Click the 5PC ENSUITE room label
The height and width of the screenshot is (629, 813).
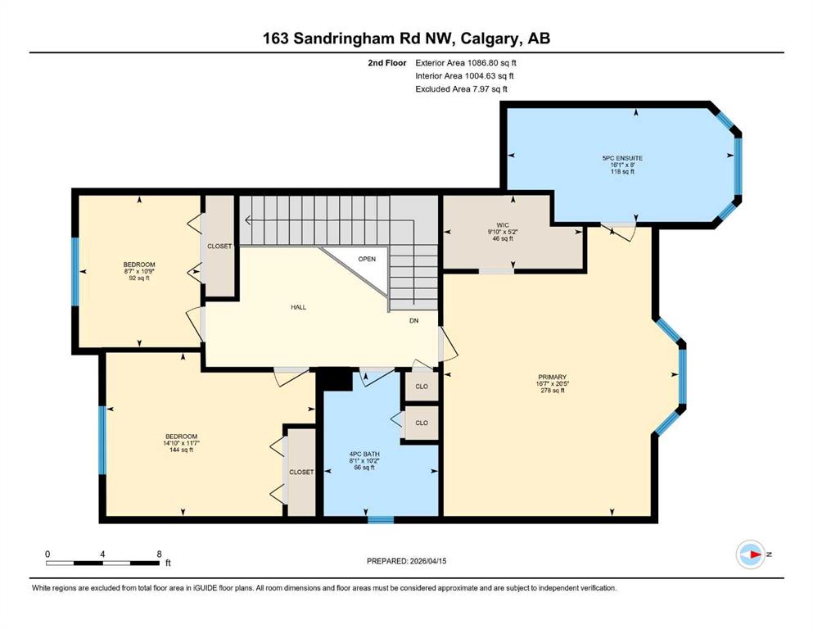pos(622,158)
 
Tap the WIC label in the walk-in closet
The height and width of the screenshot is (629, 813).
pos(503,225)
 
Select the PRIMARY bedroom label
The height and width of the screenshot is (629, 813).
pos(552,377)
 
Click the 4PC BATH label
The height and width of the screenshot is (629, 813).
pos(364,454)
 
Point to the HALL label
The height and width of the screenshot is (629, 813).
pos(298,307)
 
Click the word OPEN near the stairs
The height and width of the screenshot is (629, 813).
pos(367,259)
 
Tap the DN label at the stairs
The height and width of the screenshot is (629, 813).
pos(413,321)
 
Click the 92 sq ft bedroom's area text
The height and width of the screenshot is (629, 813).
pos(139,278)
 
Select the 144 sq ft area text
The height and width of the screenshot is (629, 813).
pos(182,450)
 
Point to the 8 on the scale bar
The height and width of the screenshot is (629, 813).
pos(159,554)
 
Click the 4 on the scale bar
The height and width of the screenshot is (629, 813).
pos(102,554)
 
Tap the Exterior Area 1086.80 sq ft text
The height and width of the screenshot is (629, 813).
pos(466,63)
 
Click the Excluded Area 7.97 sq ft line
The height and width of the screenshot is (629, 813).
pos(462,88)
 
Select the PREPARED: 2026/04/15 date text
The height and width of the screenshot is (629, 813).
pos(406,561)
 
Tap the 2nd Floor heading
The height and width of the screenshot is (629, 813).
pos(387,63)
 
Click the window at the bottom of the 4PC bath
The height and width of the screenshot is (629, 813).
pos(381,519)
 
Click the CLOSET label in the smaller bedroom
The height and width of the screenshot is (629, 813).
pos(219,247)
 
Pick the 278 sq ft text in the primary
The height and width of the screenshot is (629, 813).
pos(552,391)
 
